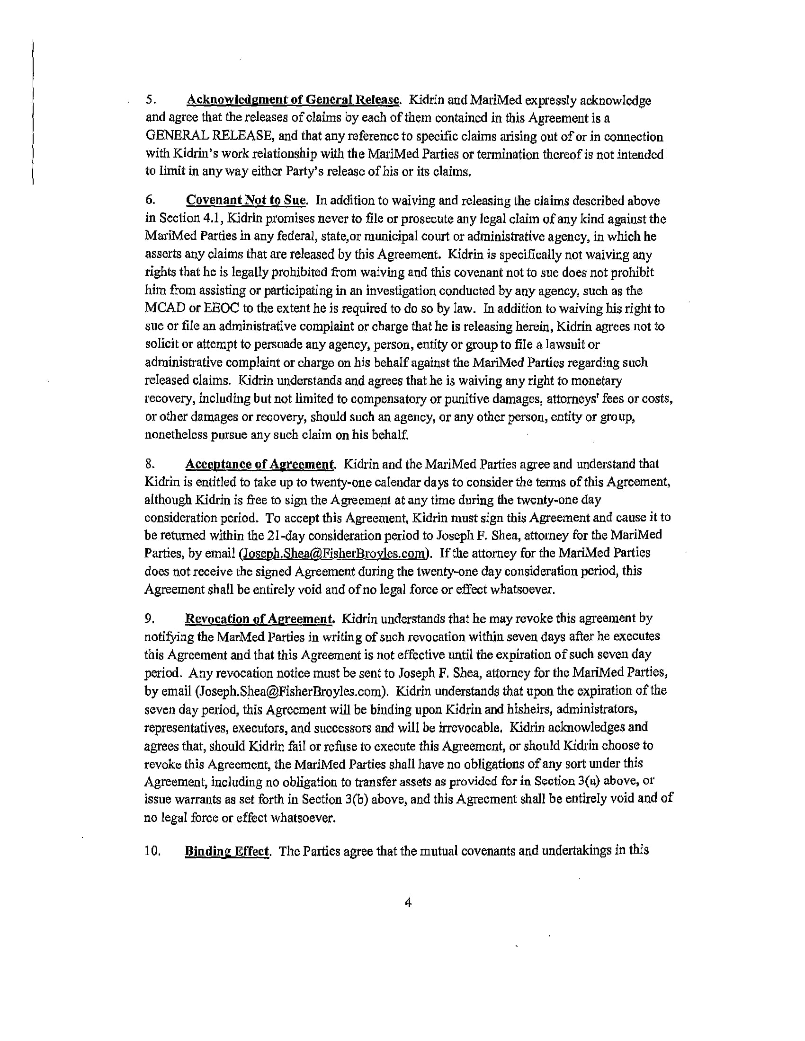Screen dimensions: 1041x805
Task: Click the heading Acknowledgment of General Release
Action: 292,101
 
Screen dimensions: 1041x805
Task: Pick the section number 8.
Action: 149,464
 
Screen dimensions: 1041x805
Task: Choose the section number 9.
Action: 149,619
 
